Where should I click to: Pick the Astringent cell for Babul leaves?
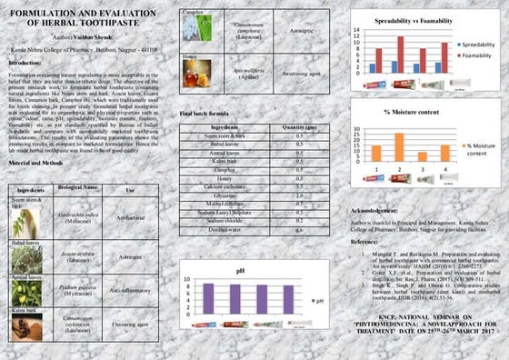pyautogui.click(x=131, y=256)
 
